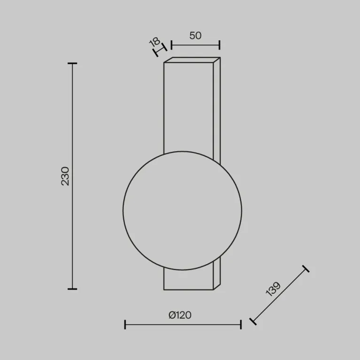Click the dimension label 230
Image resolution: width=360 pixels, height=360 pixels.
point(65,176)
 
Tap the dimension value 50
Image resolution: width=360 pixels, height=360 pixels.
point(195,35)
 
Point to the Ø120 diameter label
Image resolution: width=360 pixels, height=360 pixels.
point(180,315)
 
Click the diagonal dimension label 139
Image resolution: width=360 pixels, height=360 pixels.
point(273,289)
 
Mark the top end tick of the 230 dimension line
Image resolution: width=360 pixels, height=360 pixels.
point(72,63)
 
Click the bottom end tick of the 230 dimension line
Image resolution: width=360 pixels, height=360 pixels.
point(72,289)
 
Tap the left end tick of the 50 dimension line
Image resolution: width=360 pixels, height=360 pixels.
point(171,45)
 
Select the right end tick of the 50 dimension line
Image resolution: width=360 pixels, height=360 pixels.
point(220,45)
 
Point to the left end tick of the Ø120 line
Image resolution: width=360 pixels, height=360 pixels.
point(125,324)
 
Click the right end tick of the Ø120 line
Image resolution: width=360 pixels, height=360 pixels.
point(241,324)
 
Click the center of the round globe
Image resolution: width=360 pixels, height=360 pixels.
point(183,210)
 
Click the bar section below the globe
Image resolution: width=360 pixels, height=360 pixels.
point(188,280)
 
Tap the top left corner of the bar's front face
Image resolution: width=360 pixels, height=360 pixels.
point(164,63)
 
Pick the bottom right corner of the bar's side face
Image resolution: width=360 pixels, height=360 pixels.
point(220,284)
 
